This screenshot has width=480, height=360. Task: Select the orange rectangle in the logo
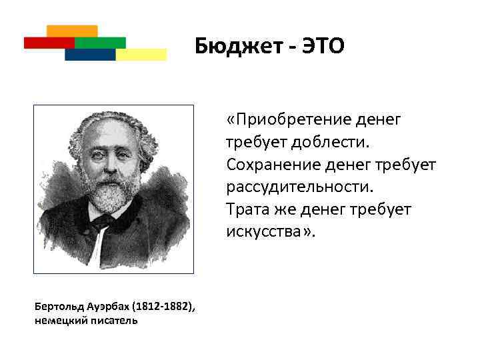point(73,31)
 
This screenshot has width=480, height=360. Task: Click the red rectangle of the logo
point(48,43)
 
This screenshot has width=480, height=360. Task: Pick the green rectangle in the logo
point(100,43)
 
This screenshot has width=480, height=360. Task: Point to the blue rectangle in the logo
point(89,55)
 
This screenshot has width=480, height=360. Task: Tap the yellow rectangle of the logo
point(141,55)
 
